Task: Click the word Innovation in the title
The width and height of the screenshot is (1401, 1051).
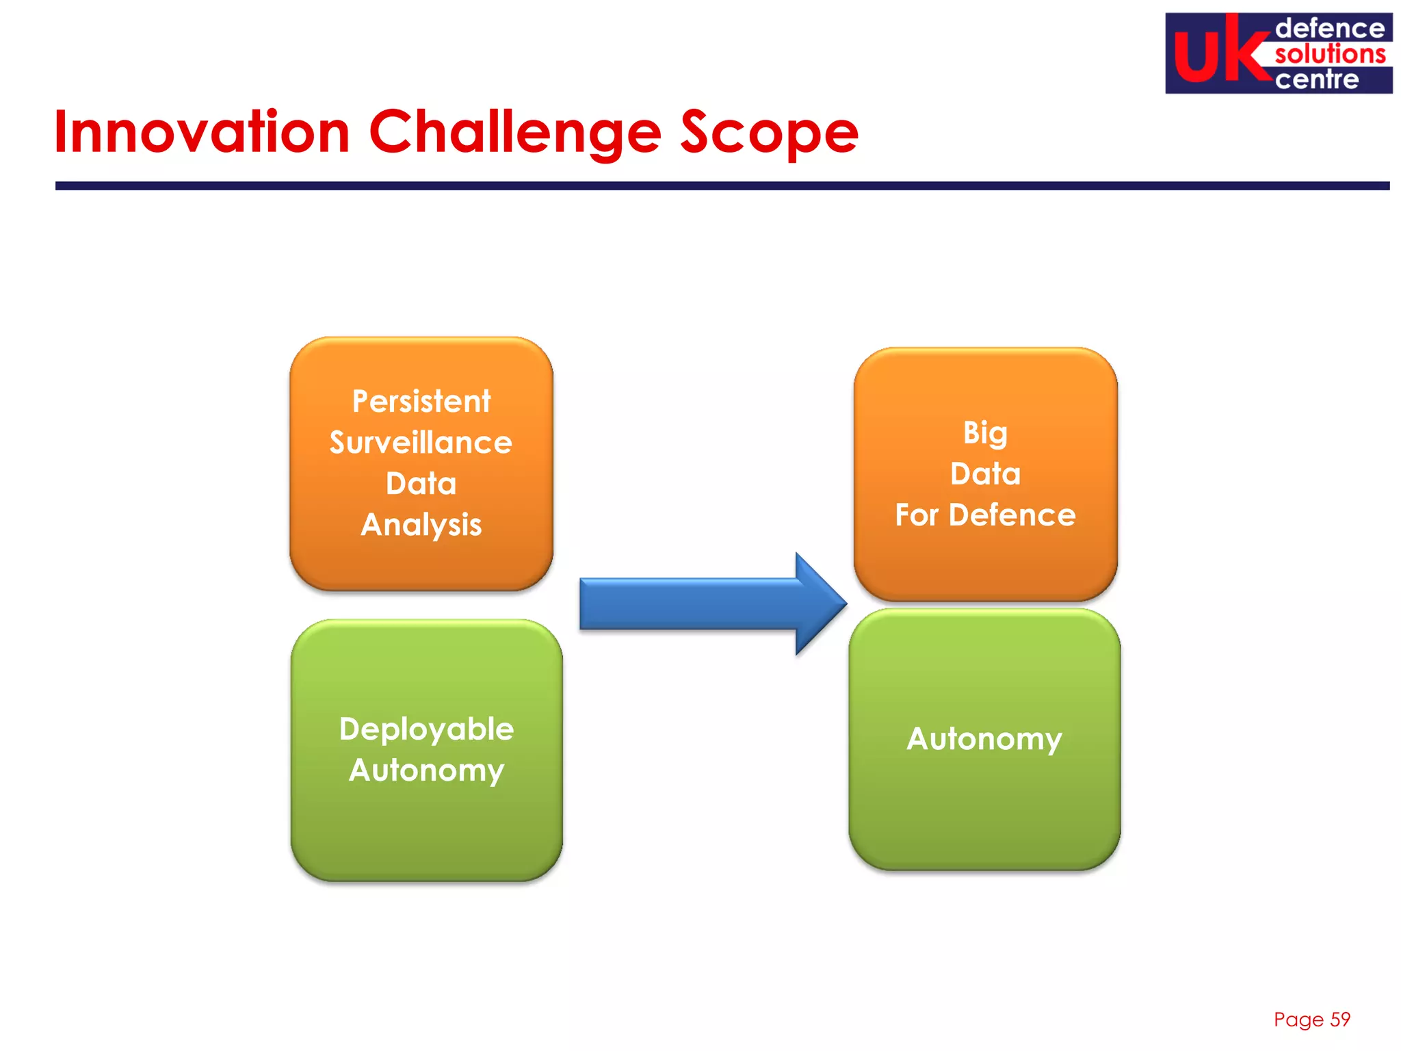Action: pos(202,131)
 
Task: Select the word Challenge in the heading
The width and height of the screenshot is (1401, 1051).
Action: pos(514,133)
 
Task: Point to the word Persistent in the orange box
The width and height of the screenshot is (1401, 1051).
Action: pos(421,402)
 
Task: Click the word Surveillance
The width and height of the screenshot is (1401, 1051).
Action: pos(421,443)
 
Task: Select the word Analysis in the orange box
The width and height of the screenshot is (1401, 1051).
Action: pos(421,525)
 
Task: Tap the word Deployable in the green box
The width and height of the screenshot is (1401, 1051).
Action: pos(426,729)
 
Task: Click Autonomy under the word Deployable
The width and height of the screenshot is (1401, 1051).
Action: pos(426,771)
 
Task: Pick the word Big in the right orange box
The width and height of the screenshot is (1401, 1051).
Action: pos(985,433)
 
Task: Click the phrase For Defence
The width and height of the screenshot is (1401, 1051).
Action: pos(985,515)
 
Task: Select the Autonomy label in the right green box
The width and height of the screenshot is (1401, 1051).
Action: pos(984,740)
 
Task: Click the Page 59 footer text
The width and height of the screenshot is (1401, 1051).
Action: pos(1311,1020)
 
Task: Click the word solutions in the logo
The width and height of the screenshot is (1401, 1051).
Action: pos(1330,54)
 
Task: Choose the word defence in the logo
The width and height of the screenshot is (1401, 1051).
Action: pos(1330,29)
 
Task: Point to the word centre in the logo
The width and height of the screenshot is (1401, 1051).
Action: pos(1317,79)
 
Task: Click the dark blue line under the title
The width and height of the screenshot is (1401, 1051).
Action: pos(722,185)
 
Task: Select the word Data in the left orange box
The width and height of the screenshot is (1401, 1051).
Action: pos(421,484)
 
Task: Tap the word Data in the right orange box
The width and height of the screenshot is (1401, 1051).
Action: pos(985,474)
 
